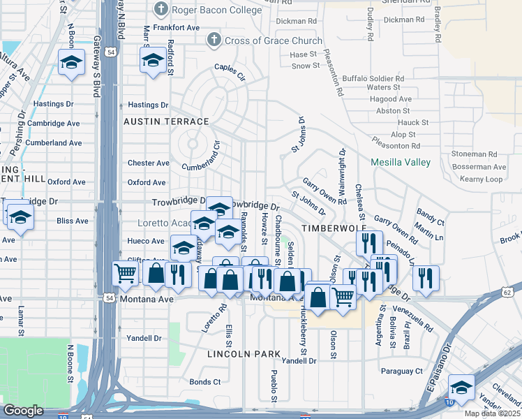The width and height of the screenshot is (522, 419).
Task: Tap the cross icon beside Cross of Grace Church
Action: click(x=211, y=41)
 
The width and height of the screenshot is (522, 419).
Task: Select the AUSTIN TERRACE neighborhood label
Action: click(x=166, y=122)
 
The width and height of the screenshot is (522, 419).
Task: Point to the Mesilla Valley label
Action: click(x=400, y=162)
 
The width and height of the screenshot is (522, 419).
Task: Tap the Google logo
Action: click(x=24, y=410)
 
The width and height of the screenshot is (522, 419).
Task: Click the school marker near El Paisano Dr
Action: click(x=461, y=386)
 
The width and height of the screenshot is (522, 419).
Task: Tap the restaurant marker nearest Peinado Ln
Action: click(x=425, y=277)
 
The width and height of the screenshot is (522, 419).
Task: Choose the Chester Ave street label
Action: click(x=148, y=163)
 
